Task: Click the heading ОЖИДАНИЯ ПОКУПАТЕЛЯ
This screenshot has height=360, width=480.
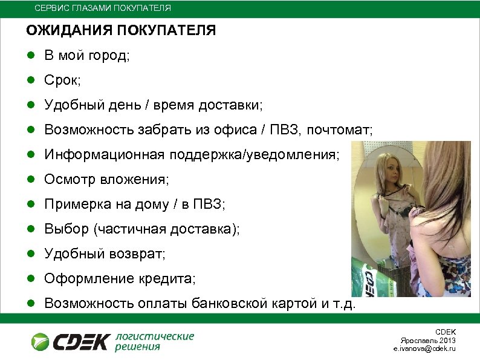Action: [x=120, y=31]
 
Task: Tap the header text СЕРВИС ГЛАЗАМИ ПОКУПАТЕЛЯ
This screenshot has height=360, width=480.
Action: [x=102, y=8]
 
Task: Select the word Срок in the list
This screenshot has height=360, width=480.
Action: [x=60, y=80]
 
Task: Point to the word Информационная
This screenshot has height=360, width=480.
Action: [x=103, y=155]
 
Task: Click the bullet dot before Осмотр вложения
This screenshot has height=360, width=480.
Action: [x=30, y=180]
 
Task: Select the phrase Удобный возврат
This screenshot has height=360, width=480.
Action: [x=104, y=254]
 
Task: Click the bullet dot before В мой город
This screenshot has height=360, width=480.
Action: [x=30, y=56]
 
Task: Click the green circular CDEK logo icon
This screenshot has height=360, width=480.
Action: [x=41, y=341]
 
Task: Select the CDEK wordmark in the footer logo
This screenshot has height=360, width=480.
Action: [x=82, y=342]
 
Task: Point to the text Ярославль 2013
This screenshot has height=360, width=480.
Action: [x=433, y=341]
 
